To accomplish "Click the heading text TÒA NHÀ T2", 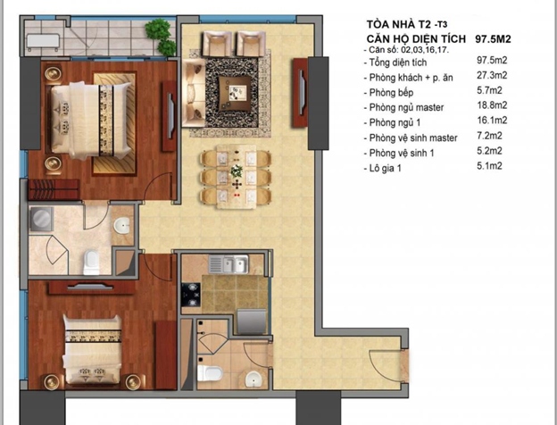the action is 400,24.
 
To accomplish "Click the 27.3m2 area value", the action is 492,75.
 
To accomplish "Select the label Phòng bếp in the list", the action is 391,93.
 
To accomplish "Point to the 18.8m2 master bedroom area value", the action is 492,105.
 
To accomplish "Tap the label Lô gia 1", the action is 385,168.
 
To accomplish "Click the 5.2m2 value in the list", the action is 489,151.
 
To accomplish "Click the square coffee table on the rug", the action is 234,92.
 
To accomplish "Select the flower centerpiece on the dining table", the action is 237,171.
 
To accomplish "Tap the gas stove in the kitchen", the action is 191,295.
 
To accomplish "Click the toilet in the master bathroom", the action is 91,262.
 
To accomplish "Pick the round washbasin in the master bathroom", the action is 121,226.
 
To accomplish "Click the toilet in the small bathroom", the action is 210,373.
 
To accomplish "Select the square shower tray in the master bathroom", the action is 42,219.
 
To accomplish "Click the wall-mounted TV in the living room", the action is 301,92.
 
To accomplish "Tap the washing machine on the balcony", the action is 43,43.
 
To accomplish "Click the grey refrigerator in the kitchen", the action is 251,321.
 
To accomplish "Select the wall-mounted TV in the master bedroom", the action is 170,116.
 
